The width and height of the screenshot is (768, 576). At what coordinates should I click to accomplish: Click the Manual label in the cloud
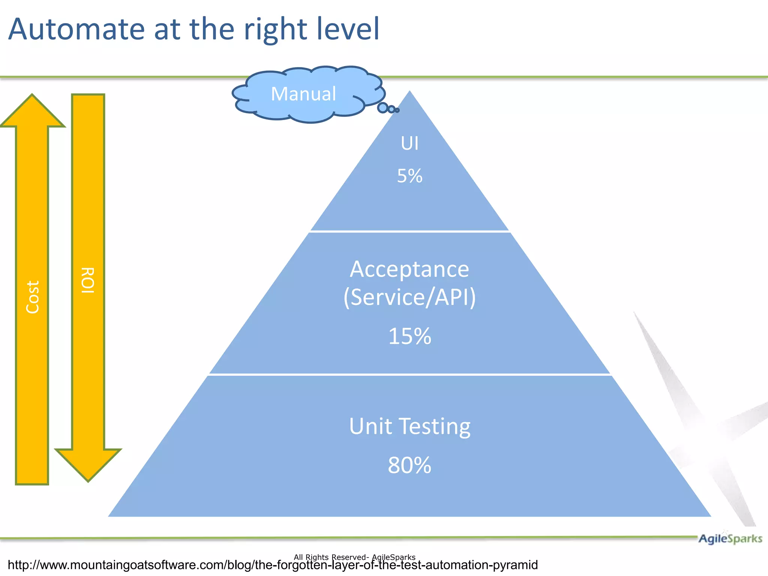pos(303,94)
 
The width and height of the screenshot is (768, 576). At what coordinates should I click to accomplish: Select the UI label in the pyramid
pos(409,143)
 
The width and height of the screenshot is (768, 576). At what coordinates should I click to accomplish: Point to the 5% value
pos(409,176)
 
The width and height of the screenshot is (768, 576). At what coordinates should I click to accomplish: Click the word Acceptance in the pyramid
pos(409,269)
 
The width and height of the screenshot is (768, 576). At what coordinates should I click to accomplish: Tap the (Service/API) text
pos(409,297)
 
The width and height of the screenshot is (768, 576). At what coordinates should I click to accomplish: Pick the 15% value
pos(409,336)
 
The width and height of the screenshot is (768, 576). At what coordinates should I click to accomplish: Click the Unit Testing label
pos(409,426)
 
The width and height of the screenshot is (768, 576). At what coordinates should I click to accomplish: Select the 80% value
pos(409,465)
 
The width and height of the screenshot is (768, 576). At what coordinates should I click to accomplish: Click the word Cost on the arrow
pos(33,297)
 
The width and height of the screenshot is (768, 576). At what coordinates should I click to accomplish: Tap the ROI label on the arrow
pos(88,280)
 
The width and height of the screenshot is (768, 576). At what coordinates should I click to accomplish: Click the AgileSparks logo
pos(730,538)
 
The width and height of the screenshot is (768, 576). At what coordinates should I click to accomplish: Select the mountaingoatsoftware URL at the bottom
pos(273,565)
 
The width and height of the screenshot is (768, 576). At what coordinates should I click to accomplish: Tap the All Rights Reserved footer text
pos(354,557)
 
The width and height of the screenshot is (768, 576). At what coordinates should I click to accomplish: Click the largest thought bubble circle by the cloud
pos(382,108)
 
